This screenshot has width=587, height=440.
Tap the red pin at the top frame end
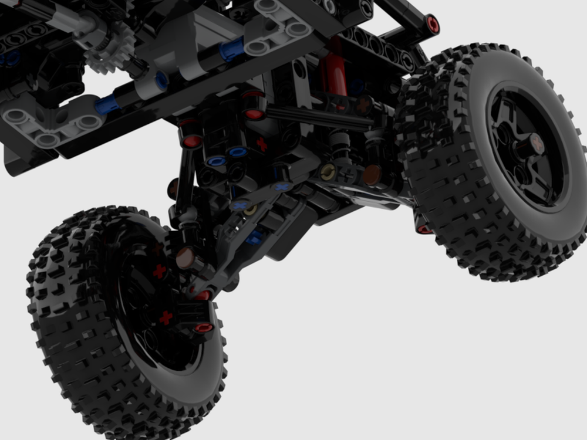click(433, 25)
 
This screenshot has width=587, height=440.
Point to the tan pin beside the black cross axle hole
click(328, 171)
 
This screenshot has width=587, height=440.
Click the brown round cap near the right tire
click(371, 174)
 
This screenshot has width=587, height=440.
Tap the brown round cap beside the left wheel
click(185, 257)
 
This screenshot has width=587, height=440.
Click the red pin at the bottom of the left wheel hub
click(203, 327)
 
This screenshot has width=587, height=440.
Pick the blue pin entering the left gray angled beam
click(107, 105)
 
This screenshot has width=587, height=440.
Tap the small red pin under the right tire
click(424, 229)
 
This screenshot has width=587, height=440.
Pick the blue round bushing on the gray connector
click(161, 80)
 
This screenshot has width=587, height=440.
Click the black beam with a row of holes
click(376, 47)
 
